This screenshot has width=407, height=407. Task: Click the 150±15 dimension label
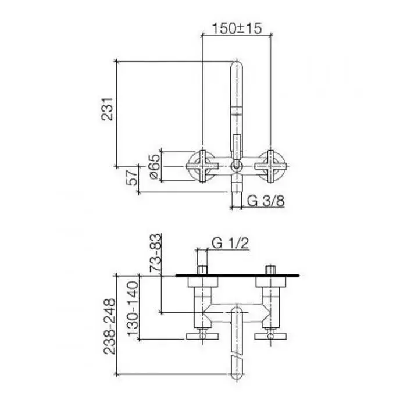[x=237, y=28]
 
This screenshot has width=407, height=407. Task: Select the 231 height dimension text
[x=107, y=109]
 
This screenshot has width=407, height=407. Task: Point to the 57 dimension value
[x=132, y=177]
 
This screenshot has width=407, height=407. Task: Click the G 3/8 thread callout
[x=266, y=201]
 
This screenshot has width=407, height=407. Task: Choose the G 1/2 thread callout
[x=230, y=243]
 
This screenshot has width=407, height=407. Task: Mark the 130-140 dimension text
[x=133, y=308]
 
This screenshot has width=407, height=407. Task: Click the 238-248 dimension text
[x=109, y=326]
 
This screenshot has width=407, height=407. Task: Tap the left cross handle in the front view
[x=202, y=166]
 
